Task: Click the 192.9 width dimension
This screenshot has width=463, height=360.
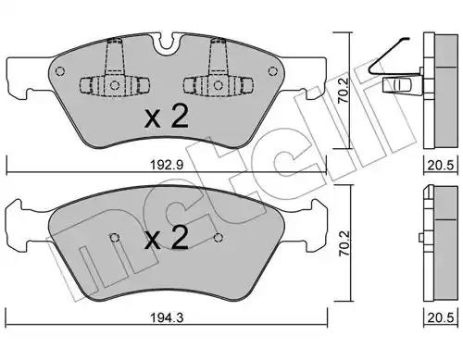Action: (x=167, y=165)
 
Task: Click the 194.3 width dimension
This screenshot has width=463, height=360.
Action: (x=167, y=317)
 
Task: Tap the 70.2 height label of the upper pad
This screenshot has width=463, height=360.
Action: (x=343, y=90)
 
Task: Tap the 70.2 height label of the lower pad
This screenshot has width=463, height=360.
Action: (x=344, y=243)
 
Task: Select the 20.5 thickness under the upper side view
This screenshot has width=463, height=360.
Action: (x=441, y=166)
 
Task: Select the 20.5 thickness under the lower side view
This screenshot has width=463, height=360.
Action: (x=441, y=317)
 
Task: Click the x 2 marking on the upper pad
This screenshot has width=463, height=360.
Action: (x=167, y=118)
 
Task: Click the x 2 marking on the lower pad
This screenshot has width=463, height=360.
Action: (x=167, y=238)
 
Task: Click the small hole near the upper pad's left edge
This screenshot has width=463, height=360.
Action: (x=60, y=71)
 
